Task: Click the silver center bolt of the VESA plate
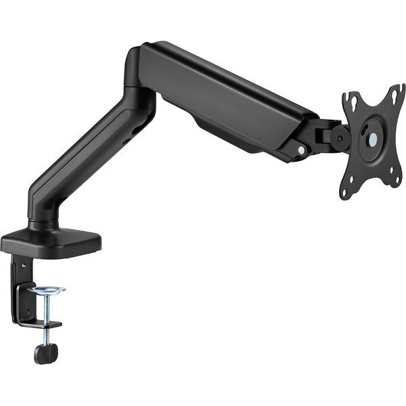point(371,139)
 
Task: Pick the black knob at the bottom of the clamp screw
point(45,353)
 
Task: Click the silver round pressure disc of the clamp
point(47,290)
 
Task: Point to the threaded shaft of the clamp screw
point(47,311)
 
